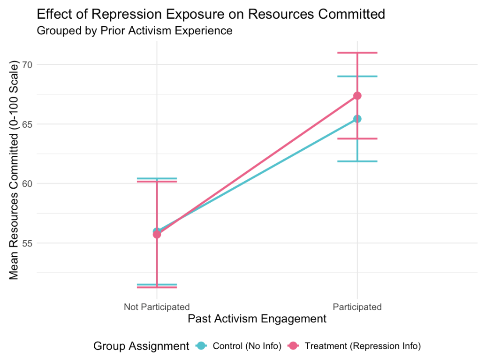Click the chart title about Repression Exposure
tap(211, 14)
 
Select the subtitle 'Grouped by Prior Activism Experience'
tap(135, 31)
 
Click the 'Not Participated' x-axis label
tap(157, 307)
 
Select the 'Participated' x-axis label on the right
tap(357, 307)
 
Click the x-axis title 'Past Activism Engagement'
tap(257, 319)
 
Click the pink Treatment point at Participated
tap(357, 96)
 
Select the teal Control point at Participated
tap(357, 119)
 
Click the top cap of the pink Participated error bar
tap(357, 53)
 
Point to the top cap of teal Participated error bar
tap(357, 76)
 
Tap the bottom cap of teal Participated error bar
tap(357, 161)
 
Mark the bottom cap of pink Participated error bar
tap(357, 138)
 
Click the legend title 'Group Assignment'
tap(141, 346)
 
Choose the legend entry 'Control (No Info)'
tap(247, 346)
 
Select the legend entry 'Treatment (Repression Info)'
tap(363, 346)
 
